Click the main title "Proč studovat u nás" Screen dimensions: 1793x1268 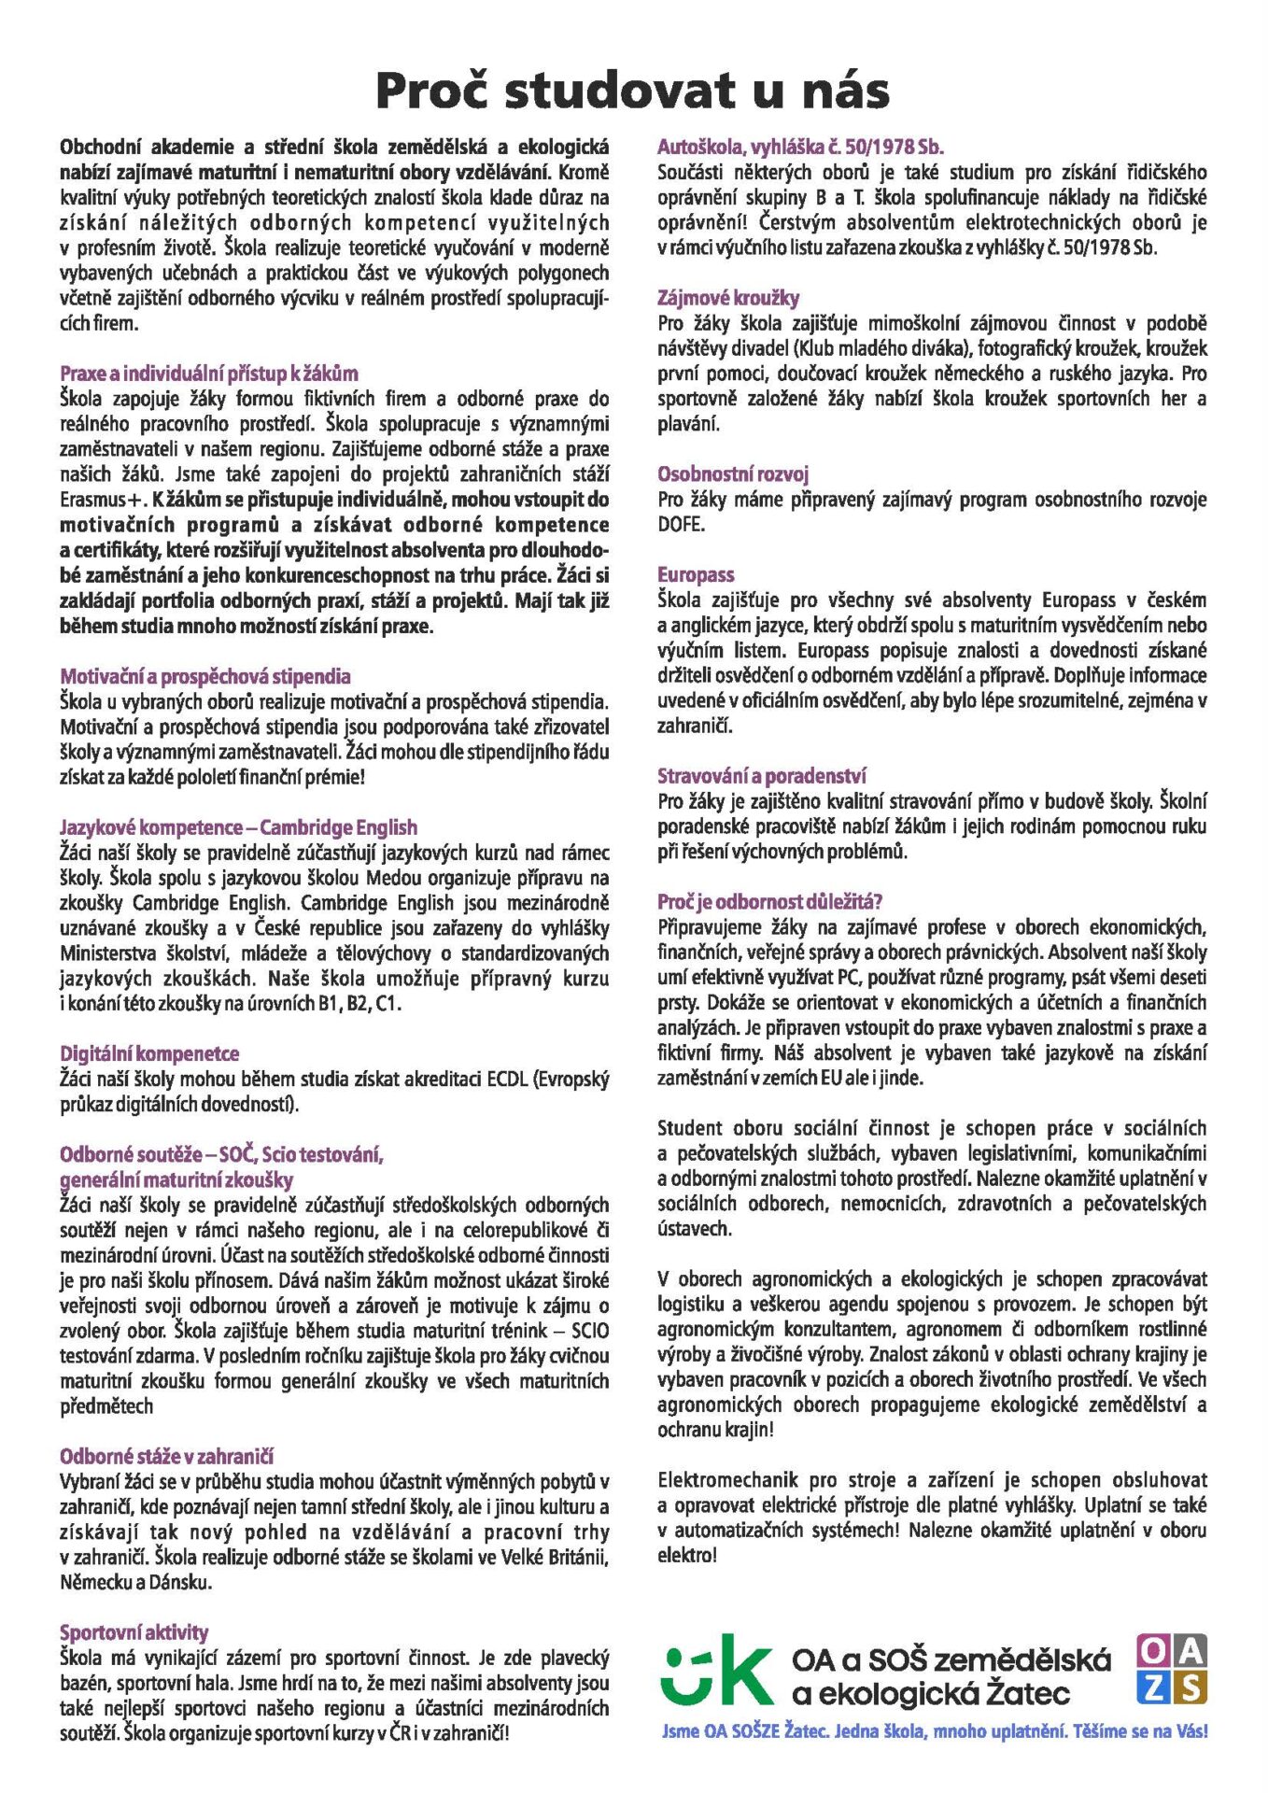point(632,91)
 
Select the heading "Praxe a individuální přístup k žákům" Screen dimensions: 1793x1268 point(208,374)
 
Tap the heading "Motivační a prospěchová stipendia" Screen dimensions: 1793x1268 point(205,676)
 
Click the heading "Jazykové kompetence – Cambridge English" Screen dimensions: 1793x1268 point(238,827)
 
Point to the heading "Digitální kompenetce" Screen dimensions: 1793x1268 point(149,1053)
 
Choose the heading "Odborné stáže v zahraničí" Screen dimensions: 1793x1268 point(166,1456)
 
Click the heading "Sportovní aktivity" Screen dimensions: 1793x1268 point(134,1632)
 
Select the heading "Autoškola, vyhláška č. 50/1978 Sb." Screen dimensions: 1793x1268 point(800,147)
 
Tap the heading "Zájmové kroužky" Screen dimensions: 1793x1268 point(728,298)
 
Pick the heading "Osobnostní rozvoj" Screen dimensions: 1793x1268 point(732,473)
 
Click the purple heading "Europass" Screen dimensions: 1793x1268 point(695,574)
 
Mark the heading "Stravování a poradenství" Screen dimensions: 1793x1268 point(761,776)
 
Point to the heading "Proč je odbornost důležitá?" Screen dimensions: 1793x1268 point(769,902)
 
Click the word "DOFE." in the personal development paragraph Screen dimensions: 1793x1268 point(681,524)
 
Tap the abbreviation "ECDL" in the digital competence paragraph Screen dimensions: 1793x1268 point(506,1080)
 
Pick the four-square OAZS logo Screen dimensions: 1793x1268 point(1171,1669)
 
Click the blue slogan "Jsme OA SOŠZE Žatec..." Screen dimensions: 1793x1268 point(934,1731)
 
